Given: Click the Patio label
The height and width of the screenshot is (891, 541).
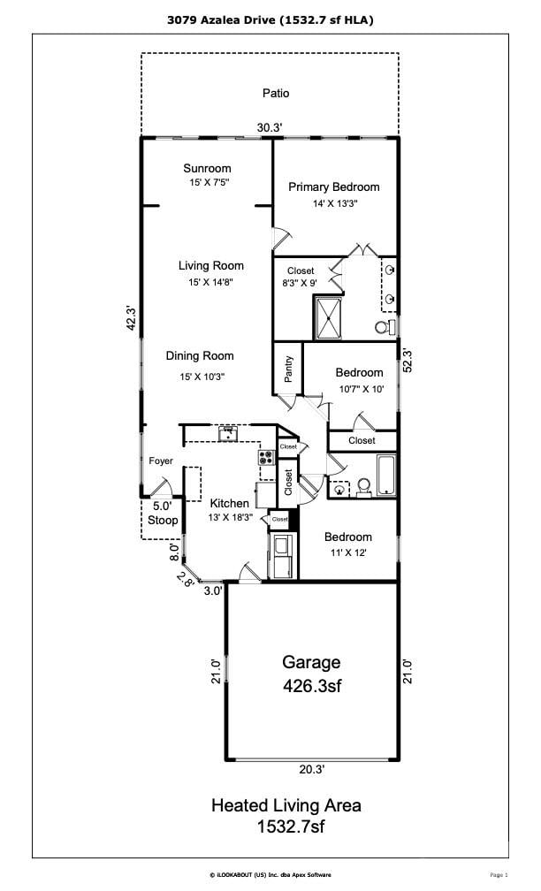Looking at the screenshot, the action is (x=276, y=93).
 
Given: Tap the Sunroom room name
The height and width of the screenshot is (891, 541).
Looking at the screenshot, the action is (x=207, y=168).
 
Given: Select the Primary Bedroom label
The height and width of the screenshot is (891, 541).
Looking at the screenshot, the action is (x=333, y=187).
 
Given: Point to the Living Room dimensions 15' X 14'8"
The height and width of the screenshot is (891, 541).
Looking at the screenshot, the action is (x=210, y=282).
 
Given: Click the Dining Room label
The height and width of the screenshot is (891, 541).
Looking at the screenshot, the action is (x=200, y=355).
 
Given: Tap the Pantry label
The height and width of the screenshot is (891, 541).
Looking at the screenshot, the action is (x=289, y=369).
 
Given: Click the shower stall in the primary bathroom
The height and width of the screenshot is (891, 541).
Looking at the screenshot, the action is (x=329, y=318).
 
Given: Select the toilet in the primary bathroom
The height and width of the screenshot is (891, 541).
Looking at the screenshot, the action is (x=385, y=327).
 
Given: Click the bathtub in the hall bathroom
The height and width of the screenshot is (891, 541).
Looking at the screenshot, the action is (x=386, y=475).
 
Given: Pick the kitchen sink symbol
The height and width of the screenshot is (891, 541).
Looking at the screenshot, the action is (x=228, y=434).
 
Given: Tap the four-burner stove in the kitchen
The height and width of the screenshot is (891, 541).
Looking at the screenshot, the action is (x=266, y=457).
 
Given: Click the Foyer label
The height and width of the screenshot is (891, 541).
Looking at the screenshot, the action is (x=161, y=461).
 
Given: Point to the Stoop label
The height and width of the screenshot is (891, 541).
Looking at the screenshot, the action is (x=163, y=520).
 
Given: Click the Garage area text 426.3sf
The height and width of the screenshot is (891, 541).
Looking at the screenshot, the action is (x=312, y=686).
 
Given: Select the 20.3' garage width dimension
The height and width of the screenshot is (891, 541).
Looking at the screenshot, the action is (x=312, y=769).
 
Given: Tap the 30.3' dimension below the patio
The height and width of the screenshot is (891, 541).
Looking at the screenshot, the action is (x=270, y=128).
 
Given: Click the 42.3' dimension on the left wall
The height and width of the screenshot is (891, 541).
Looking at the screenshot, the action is (x=131, y=319).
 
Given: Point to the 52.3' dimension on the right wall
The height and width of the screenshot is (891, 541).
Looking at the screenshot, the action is (x=408, y=361).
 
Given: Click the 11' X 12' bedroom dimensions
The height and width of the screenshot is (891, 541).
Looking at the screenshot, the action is (x=348, y=552).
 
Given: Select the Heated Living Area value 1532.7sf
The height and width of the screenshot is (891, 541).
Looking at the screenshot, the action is (x=290, y=826).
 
